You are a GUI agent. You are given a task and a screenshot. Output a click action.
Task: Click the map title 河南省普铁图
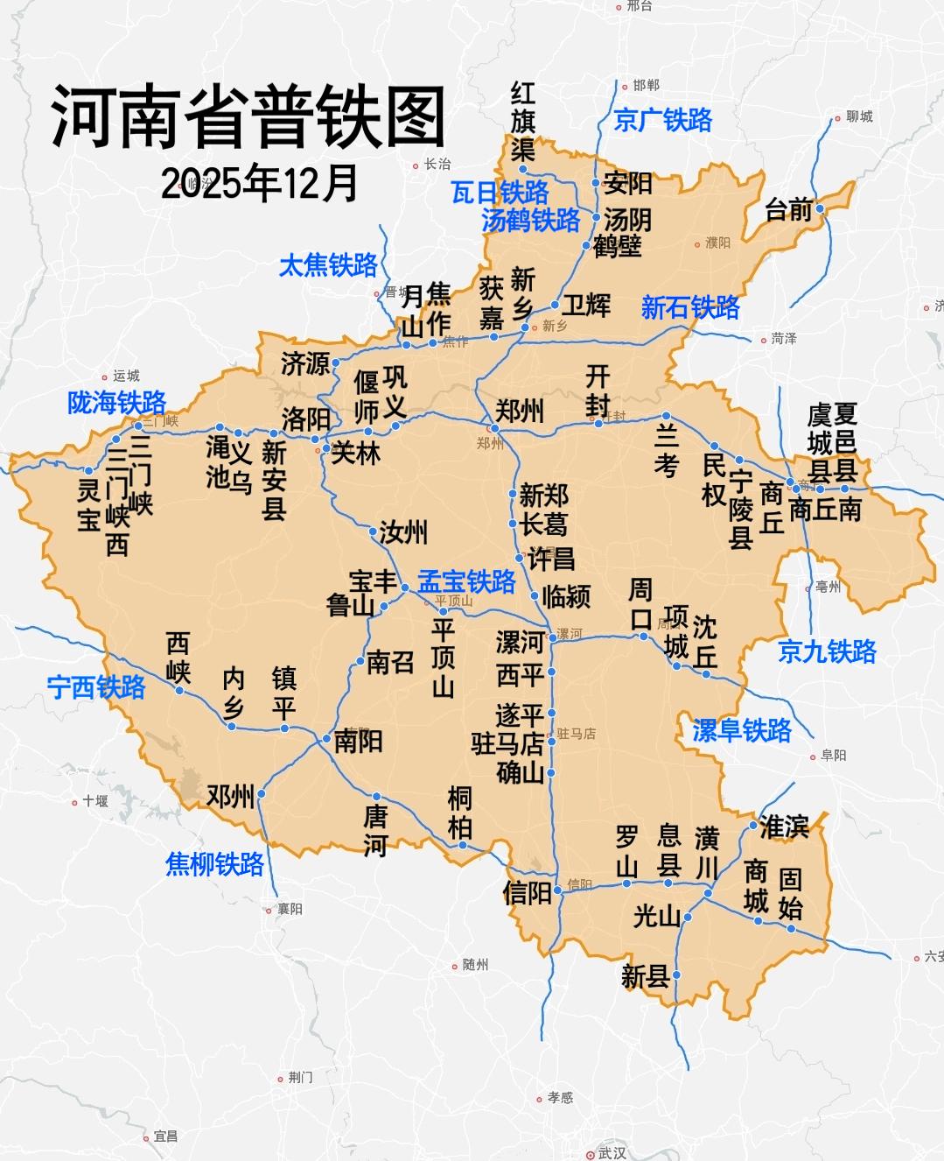pyautogui.click(x=248, y=117)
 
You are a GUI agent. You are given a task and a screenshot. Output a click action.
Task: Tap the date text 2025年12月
pyautogui.click(x=259, y=183)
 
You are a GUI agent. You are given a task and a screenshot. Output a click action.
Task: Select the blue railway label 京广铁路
pyautogui.click(x=662, y=120)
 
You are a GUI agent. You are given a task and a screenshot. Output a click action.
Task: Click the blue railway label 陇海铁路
pyautogui.click(x=116, y=403)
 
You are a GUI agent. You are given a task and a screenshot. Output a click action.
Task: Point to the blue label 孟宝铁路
pyautogui.click(x=466, y=581)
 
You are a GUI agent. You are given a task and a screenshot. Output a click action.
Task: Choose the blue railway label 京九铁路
pyautogui.click(x=827, y=651)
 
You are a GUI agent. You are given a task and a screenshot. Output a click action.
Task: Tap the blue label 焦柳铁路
pyautogui.click(x=214, y=864)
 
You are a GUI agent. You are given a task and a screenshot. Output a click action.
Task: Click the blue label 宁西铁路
pyautogui.click(x=96, y=687)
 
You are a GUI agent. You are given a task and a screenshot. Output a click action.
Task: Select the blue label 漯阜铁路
pyautogui.click(x=741, y=730)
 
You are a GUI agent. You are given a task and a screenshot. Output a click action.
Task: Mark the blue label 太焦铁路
pyautogui.click(x=328, y=265)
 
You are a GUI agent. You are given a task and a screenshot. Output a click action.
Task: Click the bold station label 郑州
pyautogui.click(x=520, y=410)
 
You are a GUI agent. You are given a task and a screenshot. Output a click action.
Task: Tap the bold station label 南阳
pyautogui.click(x=359, y=742)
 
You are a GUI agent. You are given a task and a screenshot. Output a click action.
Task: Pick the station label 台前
pyautogui.click(x=788, y=210)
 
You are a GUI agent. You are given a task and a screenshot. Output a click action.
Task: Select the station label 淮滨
pyautogui.click(x=784, y=826)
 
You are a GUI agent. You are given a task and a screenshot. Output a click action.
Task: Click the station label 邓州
pyautogui.click(x=230, y=796)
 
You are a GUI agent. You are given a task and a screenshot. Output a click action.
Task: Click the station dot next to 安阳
pyautogui.click(x=596, y=183)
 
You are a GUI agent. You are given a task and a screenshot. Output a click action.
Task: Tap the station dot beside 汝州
pyautogui.click(x=373, y=531)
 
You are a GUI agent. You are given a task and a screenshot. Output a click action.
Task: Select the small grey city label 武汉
pyautogui.click(x=612, y=1153)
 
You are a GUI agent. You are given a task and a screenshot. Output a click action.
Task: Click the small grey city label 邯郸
pyautogui.click(x=646, y=85)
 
